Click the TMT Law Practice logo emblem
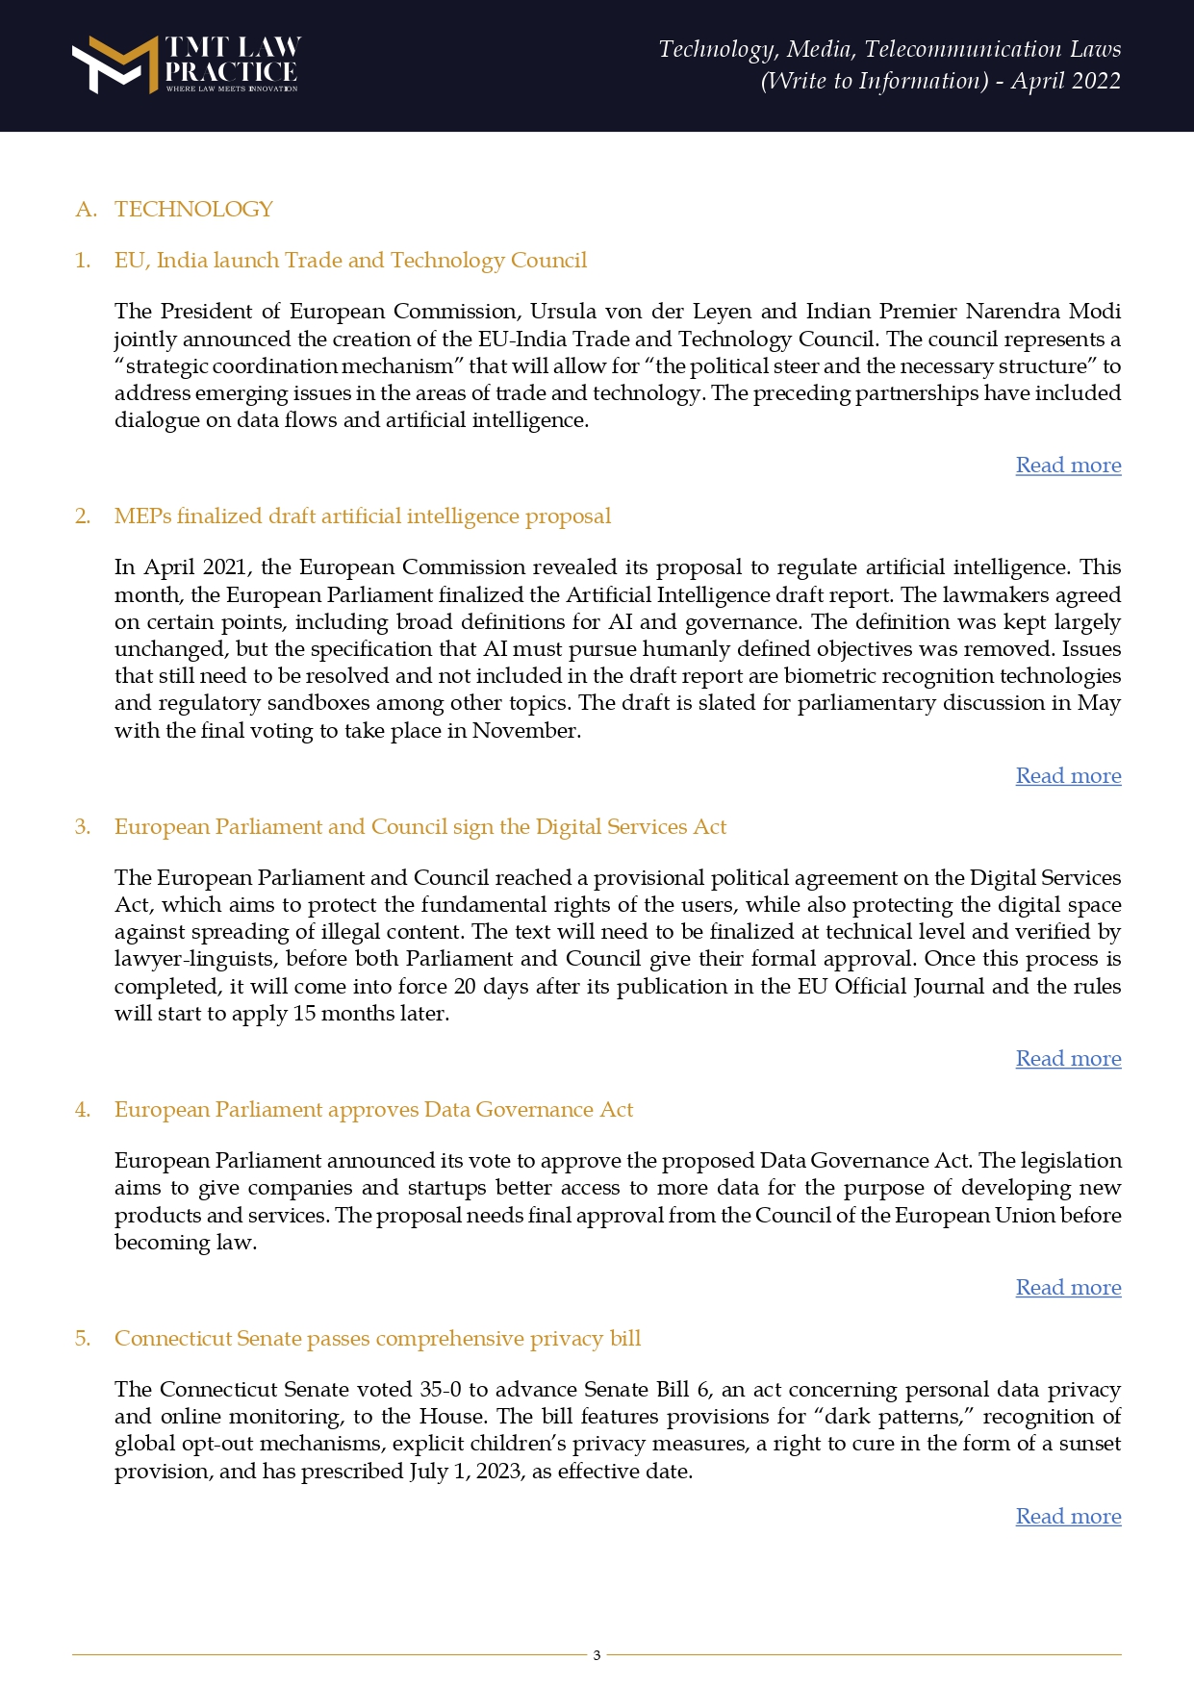[114, 64]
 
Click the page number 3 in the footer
[597, 1655]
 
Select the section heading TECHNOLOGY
[193, 210]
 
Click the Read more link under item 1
[1068, 466]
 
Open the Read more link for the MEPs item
[1068, 776]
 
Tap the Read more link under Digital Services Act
[1068, 1059]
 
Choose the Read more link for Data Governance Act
[1068, 1288]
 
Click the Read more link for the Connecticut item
[1068, 1517]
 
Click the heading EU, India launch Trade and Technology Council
[350, 261]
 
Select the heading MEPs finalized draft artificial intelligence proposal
[362, 516]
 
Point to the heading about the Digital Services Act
[419, 827]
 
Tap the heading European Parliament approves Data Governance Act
[373, 1110]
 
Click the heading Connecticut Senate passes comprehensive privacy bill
[377, 1339]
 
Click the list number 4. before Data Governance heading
[83, 1110]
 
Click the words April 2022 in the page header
[1065, 81]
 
